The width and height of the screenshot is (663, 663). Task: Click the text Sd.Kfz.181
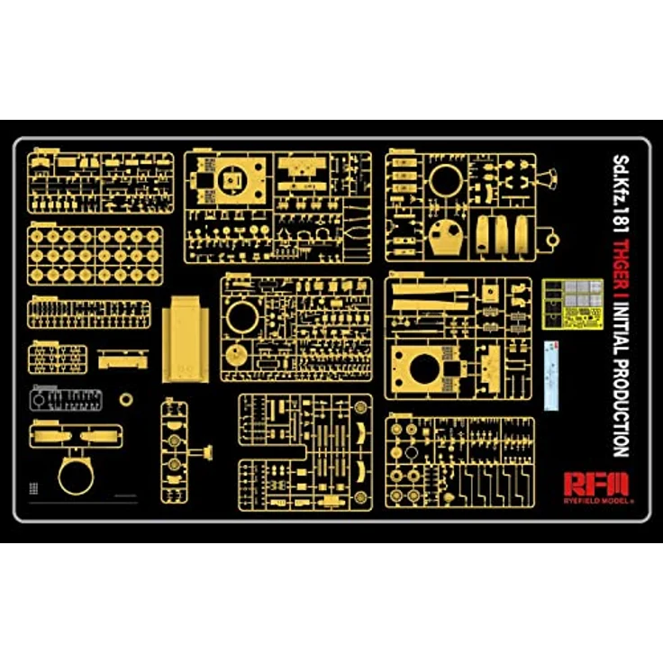622,194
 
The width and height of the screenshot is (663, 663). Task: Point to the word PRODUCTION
622,408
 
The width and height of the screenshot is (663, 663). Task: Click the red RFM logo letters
596,485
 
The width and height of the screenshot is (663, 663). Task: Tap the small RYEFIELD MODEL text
598,501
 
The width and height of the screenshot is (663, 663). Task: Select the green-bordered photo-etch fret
573,304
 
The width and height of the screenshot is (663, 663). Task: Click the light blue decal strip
551,376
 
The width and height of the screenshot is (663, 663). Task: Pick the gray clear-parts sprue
66,399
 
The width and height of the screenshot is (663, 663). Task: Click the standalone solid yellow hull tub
186,339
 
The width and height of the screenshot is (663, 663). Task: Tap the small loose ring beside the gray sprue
125,399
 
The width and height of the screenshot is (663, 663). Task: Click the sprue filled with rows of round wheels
95,256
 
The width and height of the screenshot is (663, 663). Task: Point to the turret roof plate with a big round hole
426,370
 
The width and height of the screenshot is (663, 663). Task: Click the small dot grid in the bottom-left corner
33,488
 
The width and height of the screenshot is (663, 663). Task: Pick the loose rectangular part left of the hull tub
123,359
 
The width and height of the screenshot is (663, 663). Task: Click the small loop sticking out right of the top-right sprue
551,240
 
